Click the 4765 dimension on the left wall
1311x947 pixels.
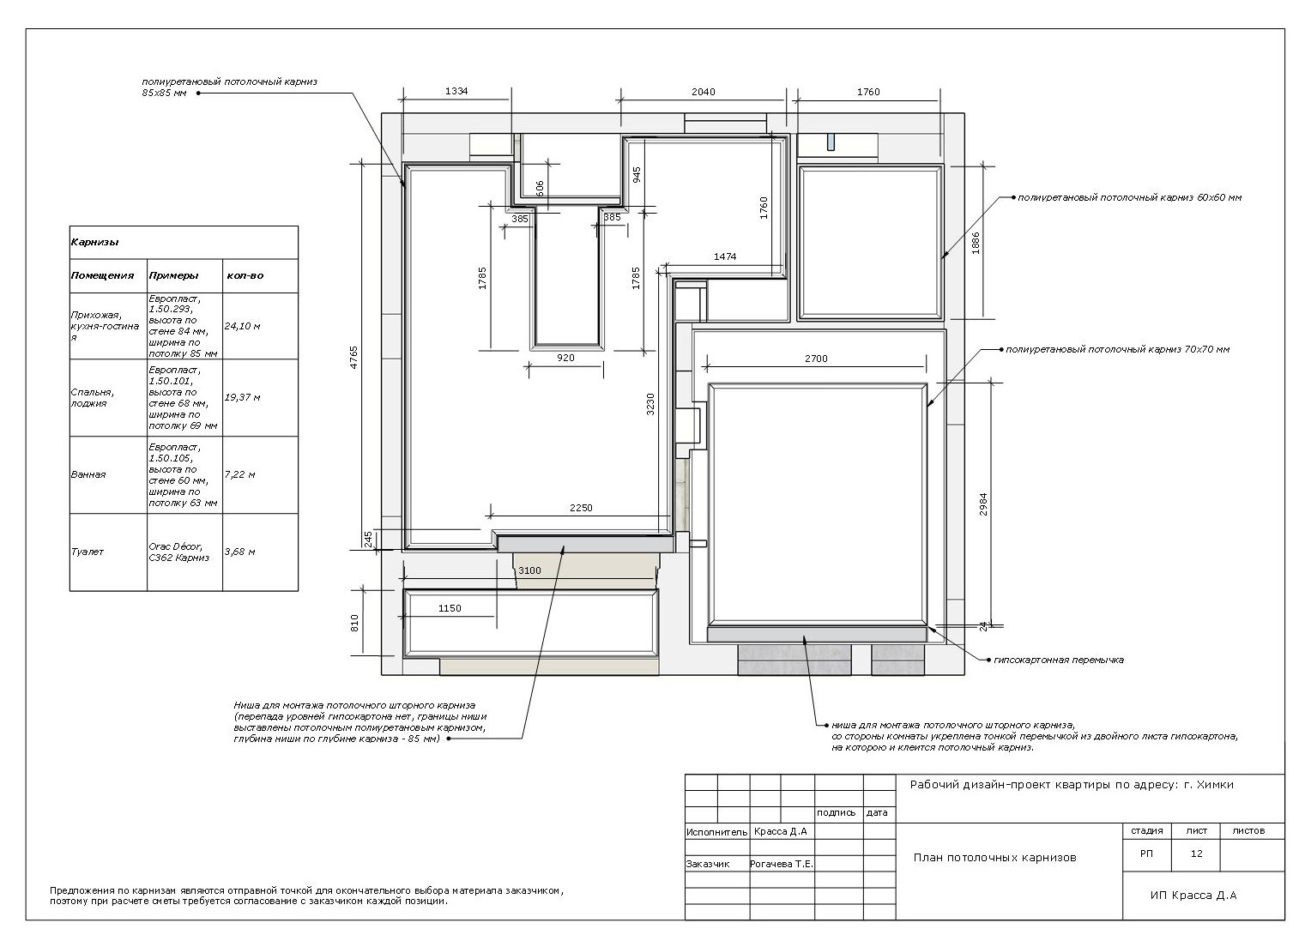click(353, 358)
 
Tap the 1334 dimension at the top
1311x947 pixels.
click(456, 91)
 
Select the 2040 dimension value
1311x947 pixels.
click(703, 92)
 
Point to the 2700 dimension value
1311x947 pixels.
click(816, 359)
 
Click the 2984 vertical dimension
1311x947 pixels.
click(983, 504)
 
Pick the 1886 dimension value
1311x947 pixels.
click(975, 244)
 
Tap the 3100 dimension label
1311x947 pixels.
click(529, 570)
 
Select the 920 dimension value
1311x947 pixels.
click(565, 358)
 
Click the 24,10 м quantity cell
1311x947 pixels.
click(242, 326)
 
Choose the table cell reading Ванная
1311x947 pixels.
click(88, 474)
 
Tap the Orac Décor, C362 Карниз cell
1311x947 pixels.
click(178, 552)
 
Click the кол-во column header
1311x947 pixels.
click(245, 275)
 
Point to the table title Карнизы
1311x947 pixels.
click(95, 242)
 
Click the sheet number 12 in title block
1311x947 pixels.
click(1196, 854)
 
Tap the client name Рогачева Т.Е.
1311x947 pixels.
click(782, 864)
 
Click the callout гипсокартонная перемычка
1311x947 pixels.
click(1058, 660)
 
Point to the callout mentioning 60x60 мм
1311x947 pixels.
click(1129, 198)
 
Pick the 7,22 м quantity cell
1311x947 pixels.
click(240, 474)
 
